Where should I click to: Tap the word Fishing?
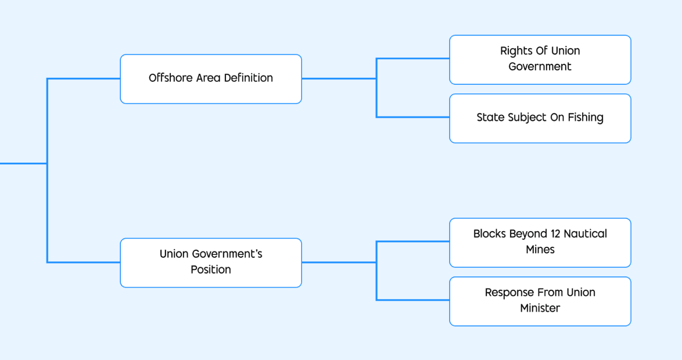pos(585,118)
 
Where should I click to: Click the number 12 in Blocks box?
pos(555,234)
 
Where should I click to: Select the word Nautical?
pos(586,234)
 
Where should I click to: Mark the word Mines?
pos(540,250)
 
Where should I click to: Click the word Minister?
pos(540,308)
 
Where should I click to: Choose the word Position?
pos(211,270)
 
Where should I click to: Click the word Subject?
pos(521,118)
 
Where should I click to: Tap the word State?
pos(490,118)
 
